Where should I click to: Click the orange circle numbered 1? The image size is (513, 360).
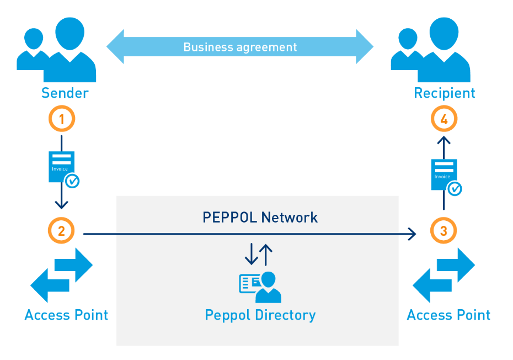pyautogui.click(x=61, y=119)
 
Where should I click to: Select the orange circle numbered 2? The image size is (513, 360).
pyautogui.click(x=61, y=231)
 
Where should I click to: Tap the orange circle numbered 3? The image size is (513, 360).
pyautogui.click(x=443, y=231)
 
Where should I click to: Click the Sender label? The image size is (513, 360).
pyautogui.click(x=65, y=93)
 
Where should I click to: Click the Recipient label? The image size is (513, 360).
pyautogui.click(x=445, y=93)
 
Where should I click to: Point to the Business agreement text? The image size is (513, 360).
pyautogui.click(x=240, y=47)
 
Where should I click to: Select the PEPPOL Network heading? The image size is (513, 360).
pyautogui.click(x=260, y=218)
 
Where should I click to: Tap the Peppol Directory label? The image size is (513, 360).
pyautogui.click(x=260, y=315)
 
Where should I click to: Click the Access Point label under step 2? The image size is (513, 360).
pyautogui.click(x=66, y=315)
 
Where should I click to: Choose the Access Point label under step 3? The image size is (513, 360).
pyautogui.click(x=448, y=315)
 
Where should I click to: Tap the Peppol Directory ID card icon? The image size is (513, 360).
pyautogui.click(x=259, y=287)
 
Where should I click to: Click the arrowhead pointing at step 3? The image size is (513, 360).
pyautogui.click(x=411, y=235)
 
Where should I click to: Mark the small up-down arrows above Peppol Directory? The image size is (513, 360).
pyautogui.click(x=259, y=254)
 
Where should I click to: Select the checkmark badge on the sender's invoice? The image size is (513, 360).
pyautogui.click(x=72, y=181)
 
